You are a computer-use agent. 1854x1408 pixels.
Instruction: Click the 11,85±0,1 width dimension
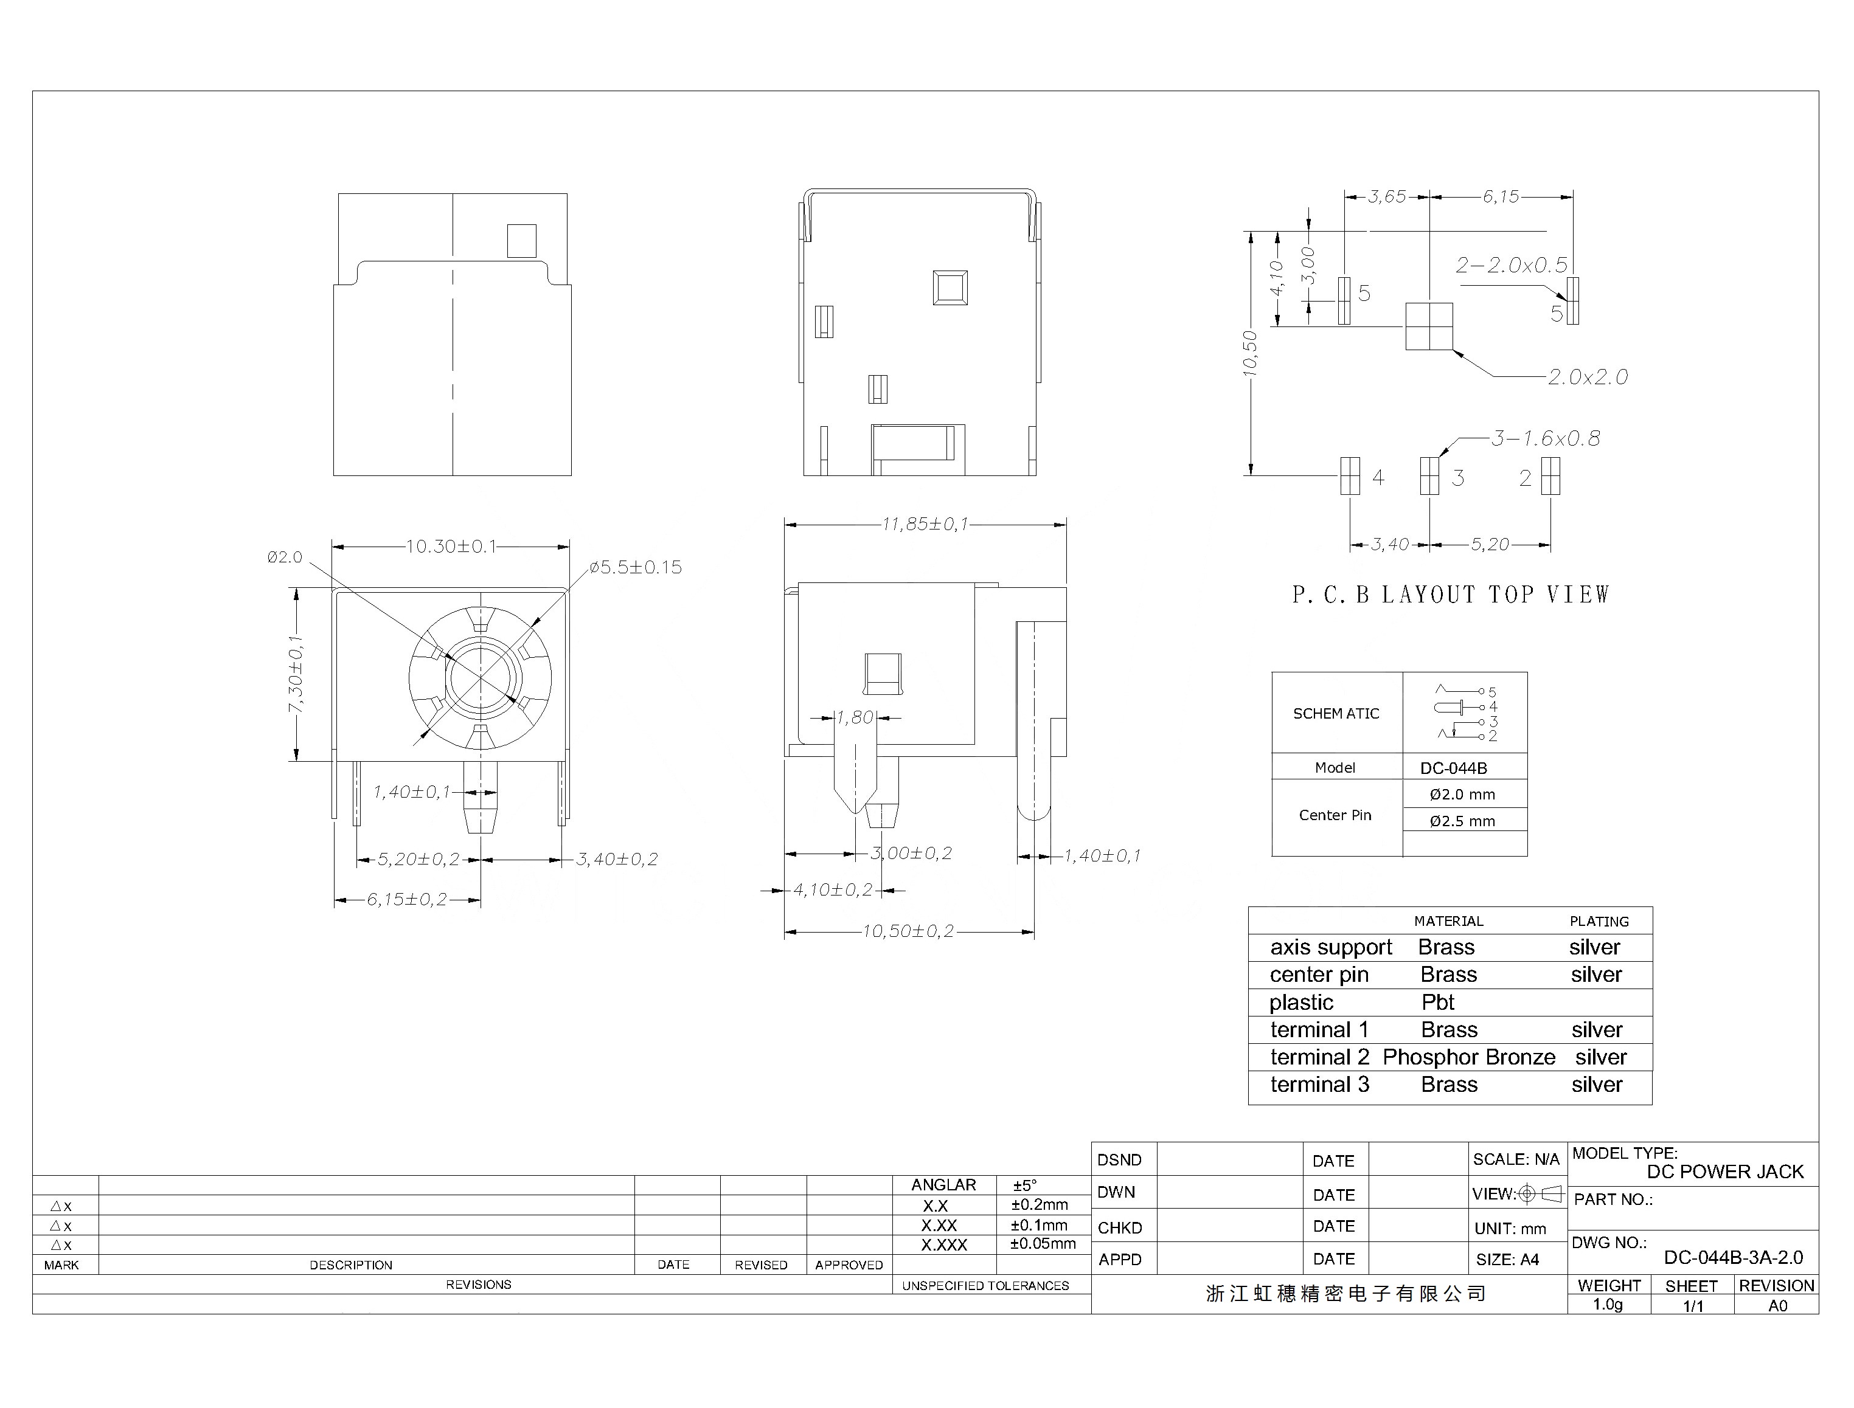[925, 524]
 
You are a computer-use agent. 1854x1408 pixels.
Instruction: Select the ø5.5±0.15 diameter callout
[636, 567]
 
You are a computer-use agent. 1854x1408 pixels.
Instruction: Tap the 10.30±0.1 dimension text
[451, 547]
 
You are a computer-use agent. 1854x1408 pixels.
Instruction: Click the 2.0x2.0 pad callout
[1588, 377]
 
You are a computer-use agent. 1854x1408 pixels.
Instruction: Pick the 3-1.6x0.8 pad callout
[1546, 438]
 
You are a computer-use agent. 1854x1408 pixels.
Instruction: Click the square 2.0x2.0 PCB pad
[1429, 326]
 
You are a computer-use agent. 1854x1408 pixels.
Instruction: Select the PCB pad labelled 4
[1350, 476]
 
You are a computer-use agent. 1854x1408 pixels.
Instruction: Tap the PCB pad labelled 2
[1550, 476]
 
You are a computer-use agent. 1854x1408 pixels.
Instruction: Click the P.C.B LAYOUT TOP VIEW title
[1451, 595]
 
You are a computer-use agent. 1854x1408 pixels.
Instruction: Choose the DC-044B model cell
[1453, 768]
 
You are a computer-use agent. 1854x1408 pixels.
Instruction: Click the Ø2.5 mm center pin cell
[1462, 821]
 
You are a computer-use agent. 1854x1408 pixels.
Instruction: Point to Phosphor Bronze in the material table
[1469, 1057]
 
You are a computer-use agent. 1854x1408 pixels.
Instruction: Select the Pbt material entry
[1438, 1003]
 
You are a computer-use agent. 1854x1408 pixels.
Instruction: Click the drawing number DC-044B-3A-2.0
[1733, 1258]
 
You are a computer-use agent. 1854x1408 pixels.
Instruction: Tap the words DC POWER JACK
[1725, 1172]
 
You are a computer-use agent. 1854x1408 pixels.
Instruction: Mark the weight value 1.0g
[1608, 1305]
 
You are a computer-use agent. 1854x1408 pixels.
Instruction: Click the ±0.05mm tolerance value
[1043, 1244]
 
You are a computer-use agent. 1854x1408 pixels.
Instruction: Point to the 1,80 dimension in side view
[855, 717]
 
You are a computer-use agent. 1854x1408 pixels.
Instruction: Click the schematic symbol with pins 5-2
[1465, 713]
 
